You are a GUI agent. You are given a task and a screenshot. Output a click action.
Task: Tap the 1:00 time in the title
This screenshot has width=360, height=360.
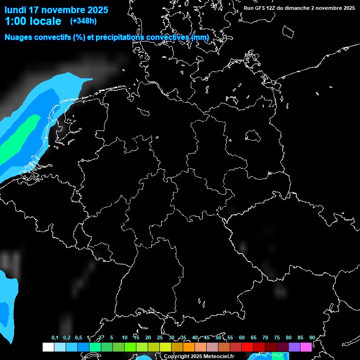click(x=15, y=21)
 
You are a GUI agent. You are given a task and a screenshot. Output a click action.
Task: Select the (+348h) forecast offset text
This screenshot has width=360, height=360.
click(x=83, y=21)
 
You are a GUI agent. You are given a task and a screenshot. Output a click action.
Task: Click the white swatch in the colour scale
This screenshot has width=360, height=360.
click(x=48, y=347)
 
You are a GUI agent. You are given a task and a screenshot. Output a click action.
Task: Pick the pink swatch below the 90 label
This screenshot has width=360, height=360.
click(x=306, y=347)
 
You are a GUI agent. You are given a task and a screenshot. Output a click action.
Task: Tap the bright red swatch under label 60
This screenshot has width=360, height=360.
click(x=247, y=347)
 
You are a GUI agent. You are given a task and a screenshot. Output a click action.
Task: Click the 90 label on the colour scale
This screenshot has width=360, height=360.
click(x=312, y=337)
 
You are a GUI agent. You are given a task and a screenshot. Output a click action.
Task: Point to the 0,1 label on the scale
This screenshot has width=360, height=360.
click(x=55, y=337)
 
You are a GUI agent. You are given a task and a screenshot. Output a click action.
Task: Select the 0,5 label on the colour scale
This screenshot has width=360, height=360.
click(x=78, y=337)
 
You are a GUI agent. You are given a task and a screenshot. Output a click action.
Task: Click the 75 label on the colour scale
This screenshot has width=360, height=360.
click(x=277, y=337)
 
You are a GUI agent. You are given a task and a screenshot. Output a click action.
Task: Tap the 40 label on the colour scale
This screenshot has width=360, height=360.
click(x=195, y=337)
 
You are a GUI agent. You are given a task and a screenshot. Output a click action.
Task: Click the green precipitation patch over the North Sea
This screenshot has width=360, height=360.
click(x=21, y=136)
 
